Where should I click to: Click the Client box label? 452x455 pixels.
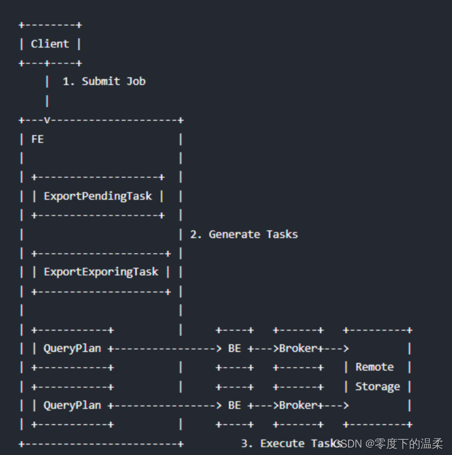pyautogui.click(x=50, y=44)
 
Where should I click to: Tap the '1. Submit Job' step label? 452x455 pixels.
pyautogui.click(x=104, y=81)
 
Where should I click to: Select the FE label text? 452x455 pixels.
pyautogui.click(x=37, y=139)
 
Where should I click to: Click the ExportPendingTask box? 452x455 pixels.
pyautogui.click(x=98, y=196)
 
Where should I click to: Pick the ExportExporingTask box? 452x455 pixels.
pyautogui.click(x=101, y=272)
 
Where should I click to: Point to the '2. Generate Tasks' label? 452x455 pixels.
pyautogui.click(x=244, y=234)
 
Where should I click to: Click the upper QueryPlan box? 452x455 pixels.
pyautogui.click(x=72, y=348)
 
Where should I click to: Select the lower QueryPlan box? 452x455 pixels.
pyautogui.click(x=72, y=405)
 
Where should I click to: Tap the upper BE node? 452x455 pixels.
pyautogui.click(x=234, y=348)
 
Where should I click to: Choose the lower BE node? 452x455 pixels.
pyautogui.click(x=234, y=405)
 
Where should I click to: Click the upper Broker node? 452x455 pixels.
pyautogui.click(x=298, y=348)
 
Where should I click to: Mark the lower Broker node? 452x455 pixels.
pyautogui.click(x=298, y=405)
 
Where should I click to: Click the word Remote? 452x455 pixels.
pyautogui.click(x=375, y=367)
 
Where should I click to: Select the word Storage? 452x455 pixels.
pyautogui.click(x=378, y=386)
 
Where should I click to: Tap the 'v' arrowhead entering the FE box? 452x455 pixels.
pyautogui.click(x=47, y=120)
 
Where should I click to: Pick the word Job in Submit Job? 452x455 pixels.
pyautogui.click(x=136, y=81)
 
